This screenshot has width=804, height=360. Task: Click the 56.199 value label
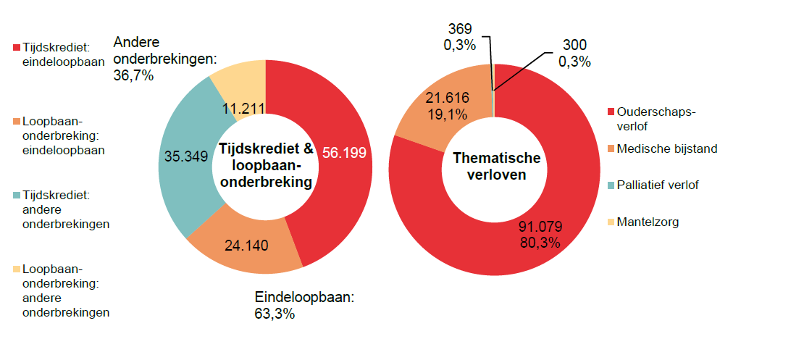click(x=345, y=154)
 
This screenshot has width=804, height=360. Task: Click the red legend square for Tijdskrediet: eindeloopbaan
click(x=17, y=47)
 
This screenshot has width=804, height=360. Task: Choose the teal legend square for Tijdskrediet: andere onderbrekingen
click(x=17, y=196)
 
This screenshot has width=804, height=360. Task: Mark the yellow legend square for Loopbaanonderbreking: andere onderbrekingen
click(x=17, y=269)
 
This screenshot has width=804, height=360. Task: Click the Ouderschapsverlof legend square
click(x=610, y=112)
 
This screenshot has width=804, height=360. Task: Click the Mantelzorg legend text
click(x=648, y=222)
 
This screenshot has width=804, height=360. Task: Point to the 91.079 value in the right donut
click(x=540, y=226)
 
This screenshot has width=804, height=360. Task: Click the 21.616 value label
click(x=447, y=99)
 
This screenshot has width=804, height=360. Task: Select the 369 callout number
click(x=460, y=30)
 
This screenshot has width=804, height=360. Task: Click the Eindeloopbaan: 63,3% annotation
click(x=303, y=305)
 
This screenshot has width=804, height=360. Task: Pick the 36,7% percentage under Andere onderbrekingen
click(x=134, y=74)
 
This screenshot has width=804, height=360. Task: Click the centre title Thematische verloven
click(x=496, y=166)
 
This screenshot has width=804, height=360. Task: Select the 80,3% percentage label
click(x=540, y=243)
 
